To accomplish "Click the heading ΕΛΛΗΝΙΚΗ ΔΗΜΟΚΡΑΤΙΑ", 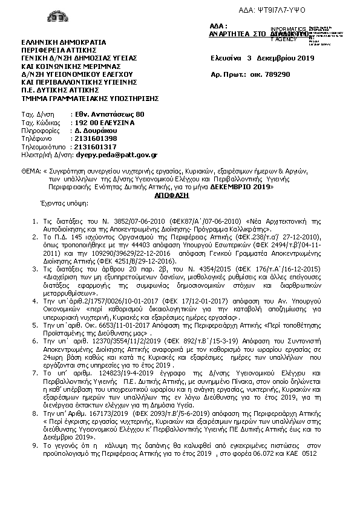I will [64, 42].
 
